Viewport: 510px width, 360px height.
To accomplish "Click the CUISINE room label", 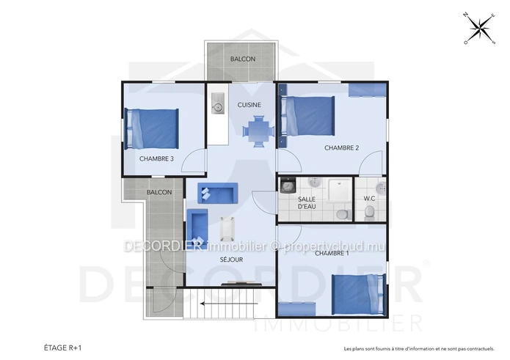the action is [249, 105].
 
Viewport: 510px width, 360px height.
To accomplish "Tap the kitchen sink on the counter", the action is [218, 103].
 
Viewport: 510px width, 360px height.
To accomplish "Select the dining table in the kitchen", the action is [258, 131].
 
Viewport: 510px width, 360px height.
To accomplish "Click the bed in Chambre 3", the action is [152, 128].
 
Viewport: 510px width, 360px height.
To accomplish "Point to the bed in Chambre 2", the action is [308, 116].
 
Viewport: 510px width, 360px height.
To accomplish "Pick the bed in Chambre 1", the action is [359, 294].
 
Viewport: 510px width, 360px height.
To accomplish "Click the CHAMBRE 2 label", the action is [341, 148].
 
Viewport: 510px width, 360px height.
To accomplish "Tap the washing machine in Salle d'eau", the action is [287, 185].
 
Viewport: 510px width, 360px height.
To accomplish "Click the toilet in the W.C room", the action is [369, 213].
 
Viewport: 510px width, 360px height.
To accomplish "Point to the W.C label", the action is [370, 199].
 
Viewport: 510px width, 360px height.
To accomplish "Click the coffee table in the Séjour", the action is [227, 227].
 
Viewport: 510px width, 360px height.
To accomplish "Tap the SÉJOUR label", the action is [232, 260].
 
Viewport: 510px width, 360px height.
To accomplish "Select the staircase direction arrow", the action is [229, 304].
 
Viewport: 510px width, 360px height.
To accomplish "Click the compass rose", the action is [479, 29].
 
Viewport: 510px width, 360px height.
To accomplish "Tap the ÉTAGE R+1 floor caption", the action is [63, 348].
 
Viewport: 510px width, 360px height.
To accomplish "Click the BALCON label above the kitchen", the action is [243, 59].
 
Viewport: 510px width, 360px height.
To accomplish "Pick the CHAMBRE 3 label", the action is [156, 159].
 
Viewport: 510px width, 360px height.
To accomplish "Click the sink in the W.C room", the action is [381, 188].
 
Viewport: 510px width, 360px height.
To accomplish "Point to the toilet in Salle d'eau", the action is [343, 214].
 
